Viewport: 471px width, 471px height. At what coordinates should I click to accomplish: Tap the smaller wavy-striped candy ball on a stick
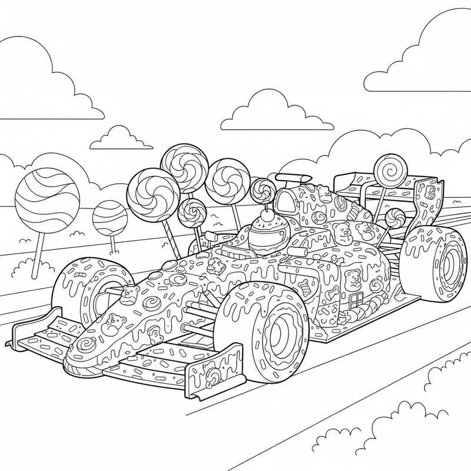pyautogui.click(x=110, y=218)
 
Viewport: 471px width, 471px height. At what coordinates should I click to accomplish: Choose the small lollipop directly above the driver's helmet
pyautogui.click(x=261, y=190)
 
